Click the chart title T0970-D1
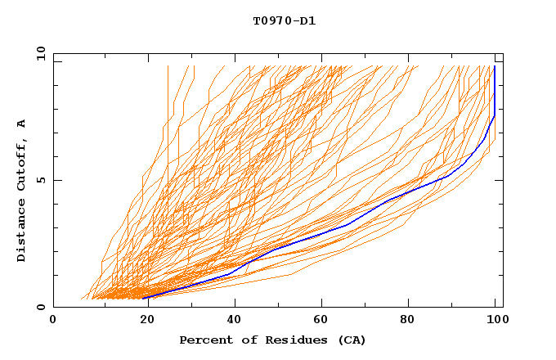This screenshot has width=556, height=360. pyautogui.click(x=285, y=21)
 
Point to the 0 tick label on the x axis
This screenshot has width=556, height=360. pyautogui.click(x=53, y=321)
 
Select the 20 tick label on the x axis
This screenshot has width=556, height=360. pyautogui.click(x=142, y=321)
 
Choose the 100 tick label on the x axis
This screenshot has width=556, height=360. pyautogui.click(x=496, y=321)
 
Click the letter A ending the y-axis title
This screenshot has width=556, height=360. pyautogui.click(x=22, y=123)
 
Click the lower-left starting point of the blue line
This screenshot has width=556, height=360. pyautogui.click(x=142, y=298)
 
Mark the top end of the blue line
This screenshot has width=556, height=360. pyautogui.click(x=495, y=66)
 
